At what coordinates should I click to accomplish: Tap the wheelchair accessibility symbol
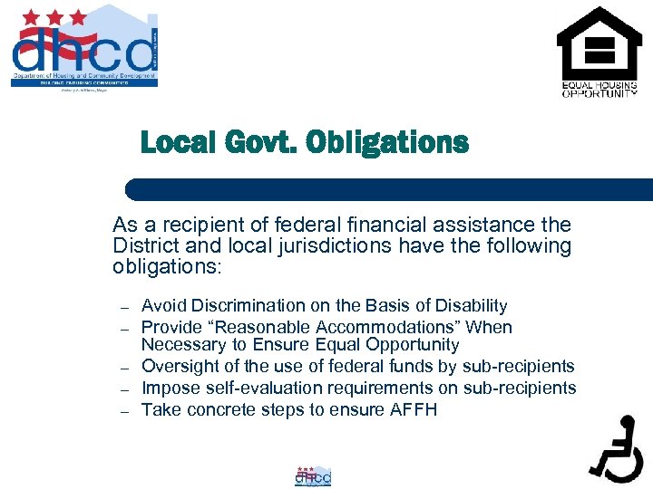click(617, 447)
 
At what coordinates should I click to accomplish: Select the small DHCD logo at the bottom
click(313, 476)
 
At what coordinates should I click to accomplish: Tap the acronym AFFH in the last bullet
click(416, 409)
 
